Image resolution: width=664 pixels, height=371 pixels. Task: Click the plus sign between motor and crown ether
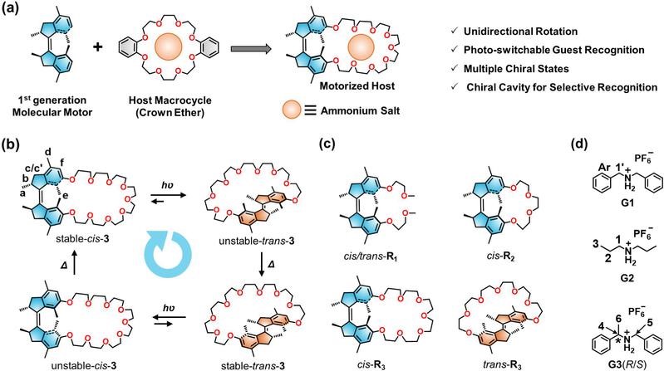(x=98, y=46)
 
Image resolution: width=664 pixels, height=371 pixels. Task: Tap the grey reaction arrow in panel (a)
(x=251, y=49)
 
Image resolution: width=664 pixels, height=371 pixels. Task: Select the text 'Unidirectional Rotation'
(x=520, y=32)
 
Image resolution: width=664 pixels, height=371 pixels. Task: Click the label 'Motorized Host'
(x=357, y=85)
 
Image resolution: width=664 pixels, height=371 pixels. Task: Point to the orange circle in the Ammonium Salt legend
(x=293, y=111)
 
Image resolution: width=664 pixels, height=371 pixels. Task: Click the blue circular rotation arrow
(x=168, y=253)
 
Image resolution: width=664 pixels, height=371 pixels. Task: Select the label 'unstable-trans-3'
(x=257, y=242)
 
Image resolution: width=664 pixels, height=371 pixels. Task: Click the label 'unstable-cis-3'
(x=84, y=365)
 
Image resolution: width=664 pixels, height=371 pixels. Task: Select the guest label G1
(x=627, y=203)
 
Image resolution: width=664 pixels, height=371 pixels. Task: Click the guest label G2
(x=627, y=278)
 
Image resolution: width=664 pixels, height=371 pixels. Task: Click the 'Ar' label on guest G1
(x=604, y=167)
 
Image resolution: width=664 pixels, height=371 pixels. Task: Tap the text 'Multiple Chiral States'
(x=516, y=69)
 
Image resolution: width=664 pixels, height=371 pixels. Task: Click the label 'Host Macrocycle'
(x=170, y=100)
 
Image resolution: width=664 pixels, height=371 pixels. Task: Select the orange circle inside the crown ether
(x=169, y=46)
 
